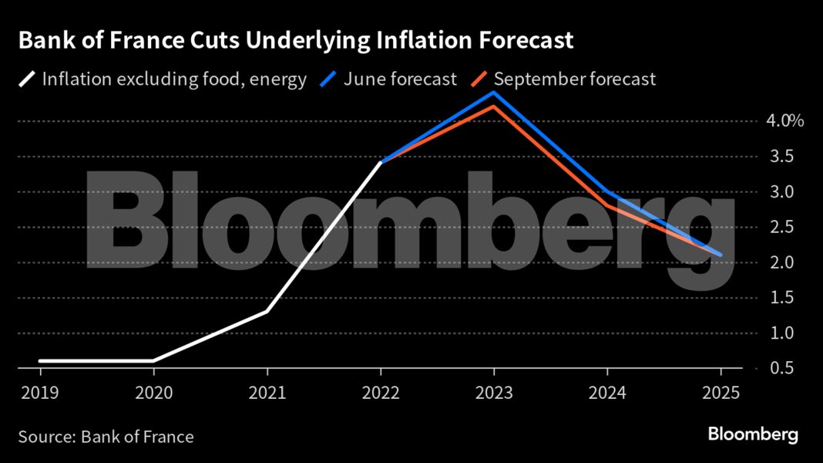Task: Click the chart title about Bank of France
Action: [296, 41]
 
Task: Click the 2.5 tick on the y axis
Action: [779, 227]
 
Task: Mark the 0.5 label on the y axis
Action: [779, 368]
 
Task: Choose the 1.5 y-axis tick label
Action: [779, 298]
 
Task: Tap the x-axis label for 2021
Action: [267, 392]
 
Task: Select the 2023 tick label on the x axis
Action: [494, 392]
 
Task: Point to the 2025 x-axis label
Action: [721, 392]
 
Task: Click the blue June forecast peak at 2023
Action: [494, 93]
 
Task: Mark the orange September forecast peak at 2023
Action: [494, 106]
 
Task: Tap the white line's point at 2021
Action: [267, 311]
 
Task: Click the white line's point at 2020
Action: [153, 360]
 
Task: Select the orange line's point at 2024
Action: [607, 205]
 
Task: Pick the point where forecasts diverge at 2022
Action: [381, 162]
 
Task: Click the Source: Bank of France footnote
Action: [106, 437]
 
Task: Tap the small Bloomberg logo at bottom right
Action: [753, 434]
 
